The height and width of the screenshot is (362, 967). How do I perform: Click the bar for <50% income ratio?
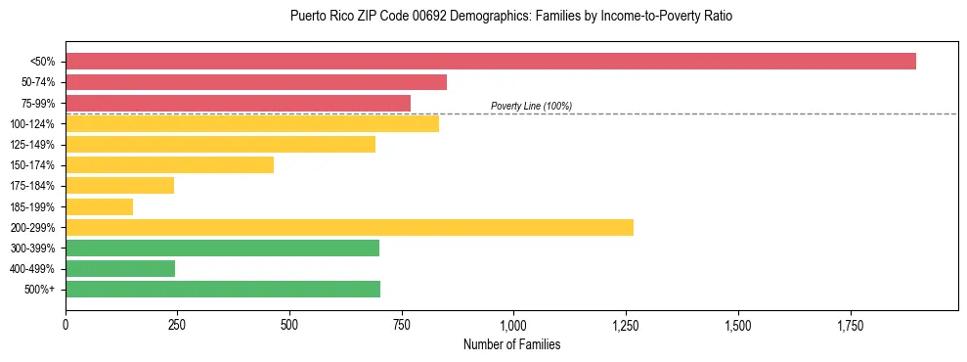[489, 62]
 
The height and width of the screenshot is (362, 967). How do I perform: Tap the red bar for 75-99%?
[238, 103]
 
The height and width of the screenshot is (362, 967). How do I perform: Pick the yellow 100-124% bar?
[252, 123]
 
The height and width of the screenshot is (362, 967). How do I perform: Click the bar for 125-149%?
[220, 145]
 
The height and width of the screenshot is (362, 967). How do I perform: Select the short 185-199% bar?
[99, 206]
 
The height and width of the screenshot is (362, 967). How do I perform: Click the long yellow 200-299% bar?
[349, 227]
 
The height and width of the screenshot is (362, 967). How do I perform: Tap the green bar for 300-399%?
[222, 248]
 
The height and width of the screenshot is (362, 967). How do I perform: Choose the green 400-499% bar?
[120, 269]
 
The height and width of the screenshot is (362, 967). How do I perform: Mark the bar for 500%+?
[223, 290]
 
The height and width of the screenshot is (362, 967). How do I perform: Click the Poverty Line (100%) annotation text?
[531, 106]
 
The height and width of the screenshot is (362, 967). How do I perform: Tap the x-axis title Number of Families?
[512, 345]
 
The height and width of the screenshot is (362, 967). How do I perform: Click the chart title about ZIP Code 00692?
[511, 17]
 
